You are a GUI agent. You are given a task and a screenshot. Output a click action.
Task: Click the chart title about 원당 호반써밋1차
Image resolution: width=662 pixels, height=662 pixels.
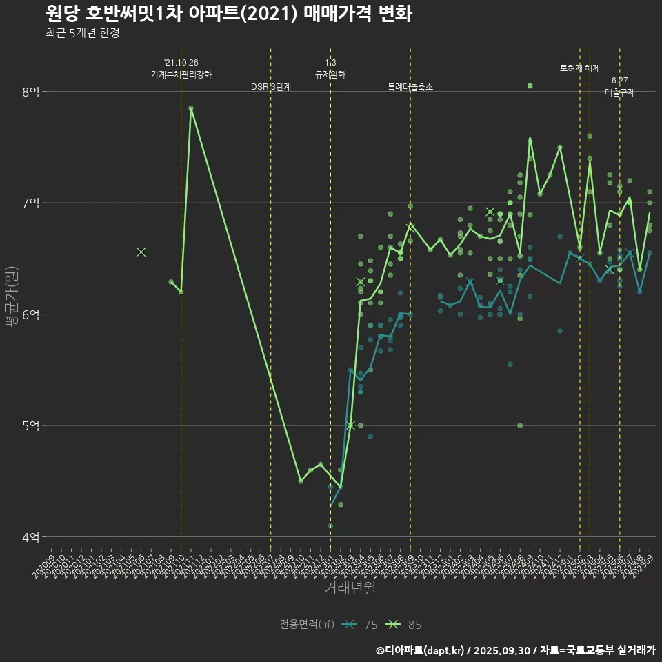(228, 13)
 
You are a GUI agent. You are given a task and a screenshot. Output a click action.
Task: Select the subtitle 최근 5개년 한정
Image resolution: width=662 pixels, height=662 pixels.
(82, 33)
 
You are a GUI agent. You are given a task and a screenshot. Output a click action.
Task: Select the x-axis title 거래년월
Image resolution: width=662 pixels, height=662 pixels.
(350, 588)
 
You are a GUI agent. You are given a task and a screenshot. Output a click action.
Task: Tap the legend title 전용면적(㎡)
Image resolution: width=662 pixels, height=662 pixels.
(307, 625)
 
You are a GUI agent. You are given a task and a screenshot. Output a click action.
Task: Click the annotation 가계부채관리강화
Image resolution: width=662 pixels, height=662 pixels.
(181, 74)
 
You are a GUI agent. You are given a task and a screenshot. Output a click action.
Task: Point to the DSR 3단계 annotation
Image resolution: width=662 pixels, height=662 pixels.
(271, 87)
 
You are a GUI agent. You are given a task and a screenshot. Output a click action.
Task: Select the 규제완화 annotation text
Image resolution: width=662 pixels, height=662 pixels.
(330, 74)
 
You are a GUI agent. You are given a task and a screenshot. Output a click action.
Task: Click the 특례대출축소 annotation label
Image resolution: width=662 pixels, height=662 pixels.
(410, 87)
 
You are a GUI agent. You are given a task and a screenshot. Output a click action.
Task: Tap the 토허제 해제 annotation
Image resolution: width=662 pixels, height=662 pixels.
(580, 68)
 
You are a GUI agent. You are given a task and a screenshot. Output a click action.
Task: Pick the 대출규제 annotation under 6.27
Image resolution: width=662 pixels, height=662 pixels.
(620, 92)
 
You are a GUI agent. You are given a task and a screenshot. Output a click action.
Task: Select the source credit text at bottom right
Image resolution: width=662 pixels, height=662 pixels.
(515, 650)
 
